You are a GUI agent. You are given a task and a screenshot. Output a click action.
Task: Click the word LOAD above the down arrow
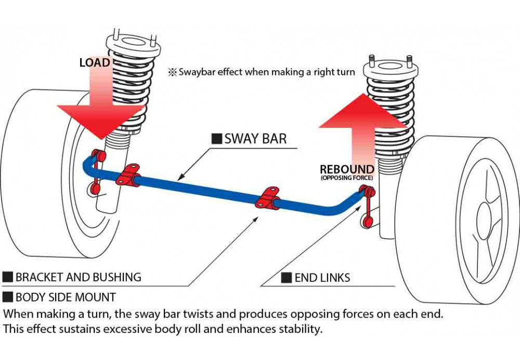[95, 62]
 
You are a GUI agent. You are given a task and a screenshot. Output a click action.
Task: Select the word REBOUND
[347, 170]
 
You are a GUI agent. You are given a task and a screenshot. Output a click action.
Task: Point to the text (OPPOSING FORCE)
[347, 178]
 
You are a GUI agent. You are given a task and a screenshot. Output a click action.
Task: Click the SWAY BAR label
[255, 139]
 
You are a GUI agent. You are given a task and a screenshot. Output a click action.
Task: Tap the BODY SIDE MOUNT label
[66, 297]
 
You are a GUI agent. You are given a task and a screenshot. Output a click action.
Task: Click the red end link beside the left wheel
[96, 172]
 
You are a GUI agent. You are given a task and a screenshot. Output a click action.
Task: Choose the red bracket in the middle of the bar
[268, 198]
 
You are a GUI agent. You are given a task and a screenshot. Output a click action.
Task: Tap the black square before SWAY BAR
[216, 139]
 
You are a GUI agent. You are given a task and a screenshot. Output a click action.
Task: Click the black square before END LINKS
[286, 278]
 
